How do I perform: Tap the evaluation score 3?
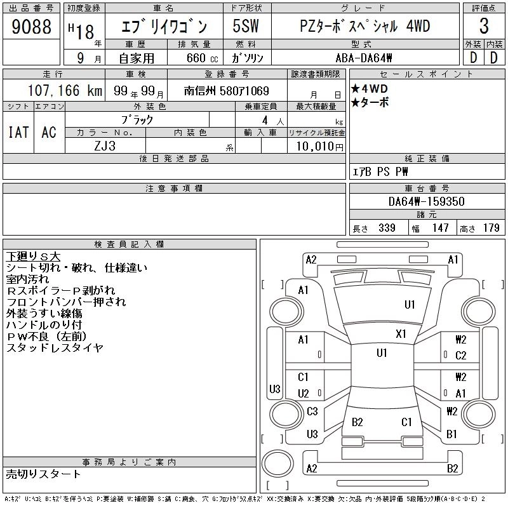[x=483, y=27]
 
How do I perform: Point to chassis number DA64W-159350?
[x=427, y=201]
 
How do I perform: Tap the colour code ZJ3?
[x=106, y=145]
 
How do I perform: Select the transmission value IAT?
[x=18, y=132]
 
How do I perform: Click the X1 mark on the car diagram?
[x=401, y=333]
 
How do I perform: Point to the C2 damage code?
[x=460, y=356]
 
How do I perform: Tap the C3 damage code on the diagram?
[x=312, y=411]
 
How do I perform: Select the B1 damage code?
[x=452, y=434]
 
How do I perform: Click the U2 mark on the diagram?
[x=303, y=394]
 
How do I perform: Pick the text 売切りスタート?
[x=44, y=474]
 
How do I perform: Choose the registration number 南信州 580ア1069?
[x=227, y=90]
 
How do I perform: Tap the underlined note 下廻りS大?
[x=33, y=256]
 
